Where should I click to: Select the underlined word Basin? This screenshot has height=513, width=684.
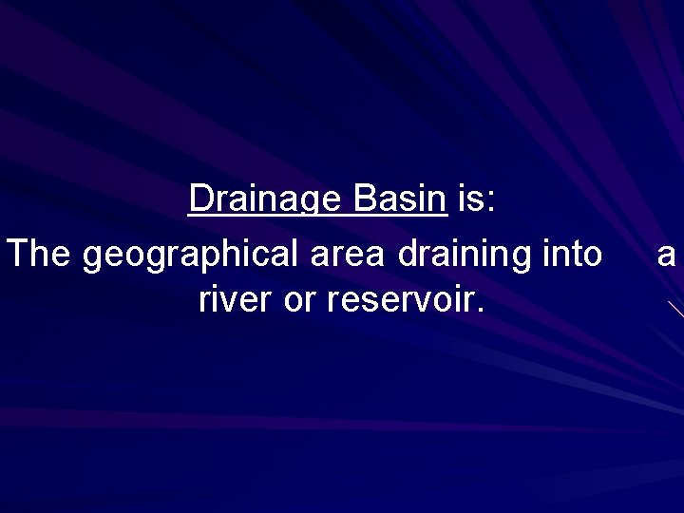(x=399, y=199)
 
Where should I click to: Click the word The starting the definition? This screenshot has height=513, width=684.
(x=40, y=254)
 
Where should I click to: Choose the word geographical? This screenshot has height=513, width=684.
(x=191, y=256)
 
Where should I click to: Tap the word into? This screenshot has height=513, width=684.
(x=571, y=254)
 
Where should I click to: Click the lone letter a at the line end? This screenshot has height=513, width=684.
(x=667, y=256)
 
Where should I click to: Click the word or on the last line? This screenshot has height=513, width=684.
(x=300, y=302)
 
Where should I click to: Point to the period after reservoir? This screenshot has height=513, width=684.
(x=481, y=310)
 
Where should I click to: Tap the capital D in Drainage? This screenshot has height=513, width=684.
(x=199, y=199)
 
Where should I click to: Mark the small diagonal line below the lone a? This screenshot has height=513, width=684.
(x=675, y=308)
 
